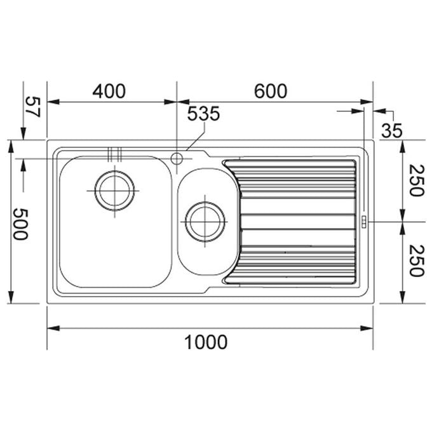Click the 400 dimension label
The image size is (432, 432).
(109, 91)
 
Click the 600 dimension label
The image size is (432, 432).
(271, 91)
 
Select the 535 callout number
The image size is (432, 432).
(203, 113)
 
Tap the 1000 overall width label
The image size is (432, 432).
(206, 342)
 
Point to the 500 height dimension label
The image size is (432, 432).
(21, 224)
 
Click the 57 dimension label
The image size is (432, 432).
(33, 107)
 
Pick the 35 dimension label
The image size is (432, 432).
(392, 130)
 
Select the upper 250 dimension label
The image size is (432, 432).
(416, 180)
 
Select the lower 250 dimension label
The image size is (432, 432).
(416, 260)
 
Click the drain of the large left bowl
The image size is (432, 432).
(114, 191)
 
